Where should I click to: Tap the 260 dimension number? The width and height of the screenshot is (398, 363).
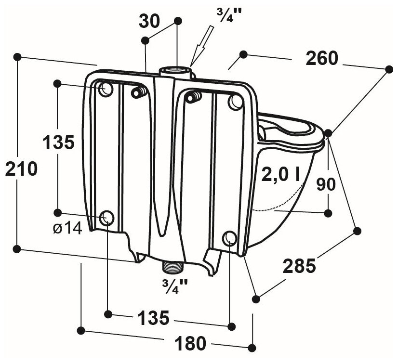click(322, 58)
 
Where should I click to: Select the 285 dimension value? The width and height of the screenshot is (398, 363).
click(299, 266)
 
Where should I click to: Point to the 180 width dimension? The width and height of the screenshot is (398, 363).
click(190, 343)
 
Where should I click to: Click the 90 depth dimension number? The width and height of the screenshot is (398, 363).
click(326, 184)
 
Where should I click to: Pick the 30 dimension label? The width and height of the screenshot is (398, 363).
click(149, 21)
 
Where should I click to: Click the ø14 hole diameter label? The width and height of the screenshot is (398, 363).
click(67, 229)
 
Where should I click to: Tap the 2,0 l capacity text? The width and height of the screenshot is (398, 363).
click(280, 175)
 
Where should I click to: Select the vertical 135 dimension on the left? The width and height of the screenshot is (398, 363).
click(58, 142)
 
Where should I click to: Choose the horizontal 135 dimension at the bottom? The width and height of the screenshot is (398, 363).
click(153, 317)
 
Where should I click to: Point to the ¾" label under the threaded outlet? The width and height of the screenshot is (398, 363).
click(175, 286)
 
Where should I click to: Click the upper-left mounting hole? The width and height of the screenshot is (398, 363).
click(106, 89)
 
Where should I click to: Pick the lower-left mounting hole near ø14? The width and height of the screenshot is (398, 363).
click(106, 218)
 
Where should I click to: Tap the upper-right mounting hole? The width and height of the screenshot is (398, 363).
click(236, 102)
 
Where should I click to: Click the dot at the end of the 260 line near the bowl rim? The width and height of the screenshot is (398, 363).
click(328, 133)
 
